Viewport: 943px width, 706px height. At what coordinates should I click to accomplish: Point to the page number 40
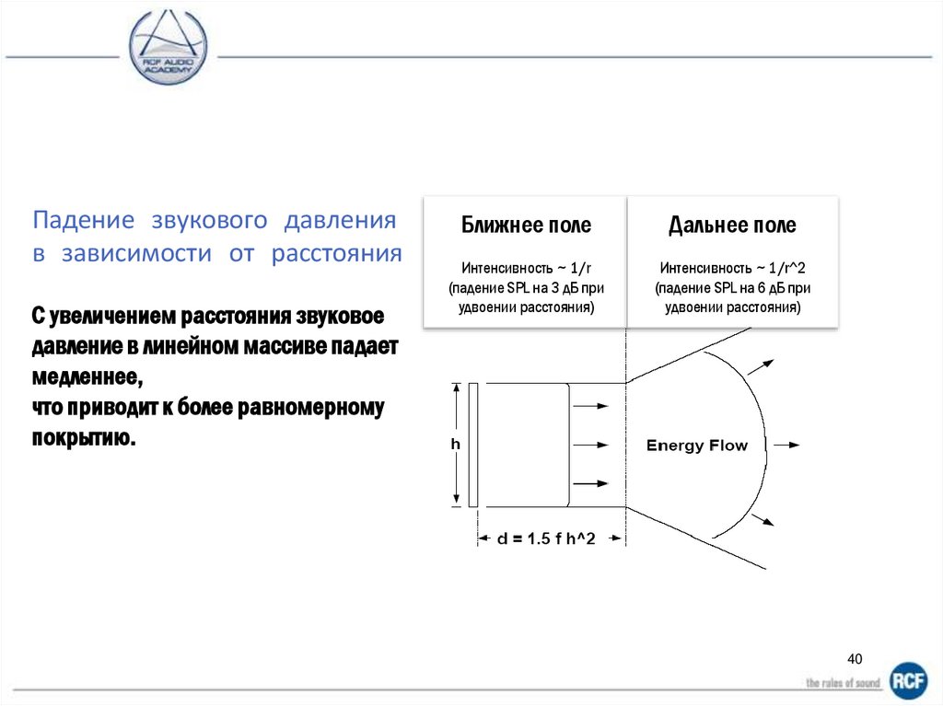pyautogui.click(x=855, y=658)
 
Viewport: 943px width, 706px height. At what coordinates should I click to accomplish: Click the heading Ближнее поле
pyautogui.click(x=526, y=226)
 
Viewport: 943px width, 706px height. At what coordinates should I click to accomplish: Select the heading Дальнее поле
pyautogui.click(x=732, y=226)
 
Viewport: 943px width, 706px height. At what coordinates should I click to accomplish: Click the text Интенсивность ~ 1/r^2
pyautogui.click(x=733, y=268)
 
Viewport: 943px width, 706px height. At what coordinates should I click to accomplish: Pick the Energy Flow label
pyautogui.click(x=697, y=446)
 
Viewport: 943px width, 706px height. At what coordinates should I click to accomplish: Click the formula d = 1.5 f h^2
pyautogui.click(x=546, y=539)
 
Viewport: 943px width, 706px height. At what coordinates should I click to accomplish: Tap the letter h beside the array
pyautogui.click(x=455, y=444)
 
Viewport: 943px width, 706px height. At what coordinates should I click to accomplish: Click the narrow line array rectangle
pyautogui.click(x=472, y=445)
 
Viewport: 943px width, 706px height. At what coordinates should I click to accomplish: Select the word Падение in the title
pyautogui.click(x=74, y=221)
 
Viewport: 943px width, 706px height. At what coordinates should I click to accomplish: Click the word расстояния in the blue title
pyautogui.click(x=336, y=254)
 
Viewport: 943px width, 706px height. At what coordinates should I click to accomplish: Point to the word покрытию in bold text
pyautogui.click(x=84, y=437)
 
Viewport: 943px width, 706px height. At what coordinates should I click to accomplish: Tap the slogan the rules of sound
pyautogui.click(x=843, y=682)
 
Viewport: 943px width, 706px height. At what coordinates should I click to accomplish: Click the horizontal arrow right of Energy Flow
pyautogui.click(x=786, y=445)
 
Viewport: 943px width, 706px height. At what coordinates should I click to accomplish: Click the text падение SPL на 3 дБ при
pyautogui.click(x=526, y=288)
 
